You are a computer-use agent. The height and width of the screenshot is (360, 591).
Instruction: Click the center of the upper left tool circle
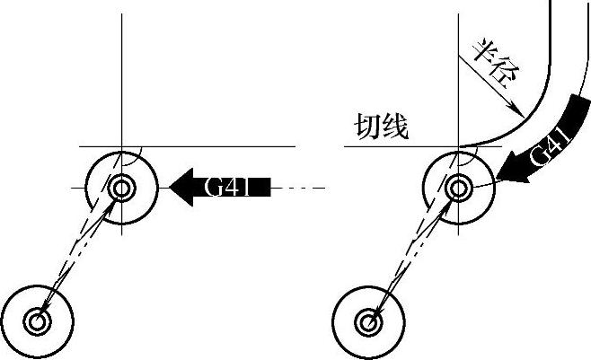tap(122, 189)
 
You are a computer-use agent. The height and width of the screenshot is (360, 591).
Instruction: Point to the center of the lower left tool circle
tap(38, 320)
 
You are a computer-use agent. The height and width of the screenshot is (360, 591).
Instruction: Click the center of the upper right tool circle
tap(458, 189)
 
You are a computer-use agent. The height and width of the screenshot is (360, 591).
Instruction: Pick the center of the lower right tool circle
tap(366, 320)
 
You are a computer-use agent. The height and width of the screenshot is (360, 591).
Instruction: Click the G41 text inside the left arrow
tap(227, 188)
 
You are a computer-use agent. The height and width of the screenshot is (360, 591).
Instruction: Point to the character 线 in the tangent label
tap(395, 128)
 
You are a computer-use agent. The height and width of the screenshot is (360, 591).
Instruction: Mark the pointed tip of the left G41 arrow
tap(170, 188)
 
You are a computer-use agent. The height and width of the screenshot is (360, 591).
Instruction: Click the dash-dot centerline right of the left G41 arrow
tap(296, 189)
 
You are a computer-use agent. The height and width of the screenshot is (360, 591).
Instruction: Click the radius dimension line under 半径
tap(485, 81)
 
